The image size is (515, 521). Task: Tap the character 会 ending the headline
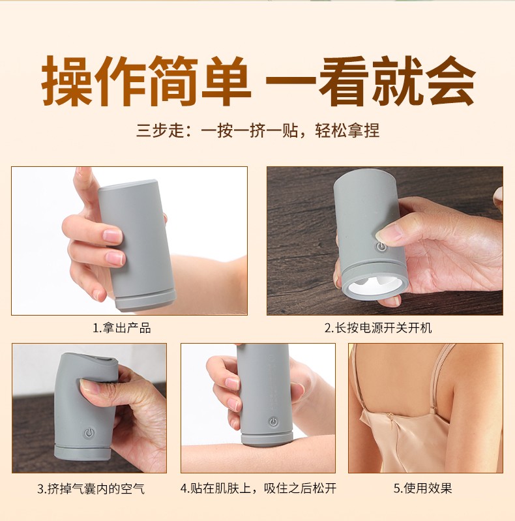click(x=450, y=81)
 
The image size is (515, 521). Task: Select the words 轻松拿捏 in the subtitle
click(x=347, y=130)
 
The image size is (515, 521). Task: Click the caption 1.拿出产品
click(x=122, y=328)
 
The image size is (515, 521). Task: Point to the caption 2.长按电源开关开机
click(x=378, y=328)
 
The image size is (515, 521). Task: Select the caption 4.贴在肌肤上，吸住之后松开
click(x=258, y=488)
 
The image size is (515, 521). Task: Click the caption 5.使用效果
click(x=422, y=488)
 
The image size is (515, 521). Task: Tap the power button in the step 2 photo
click(x=381, y=246)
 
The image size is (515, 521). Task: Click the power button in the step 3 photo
click(x=89, y=432)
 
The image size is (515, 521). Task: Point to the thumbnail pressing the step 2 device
click(x=388, y=233)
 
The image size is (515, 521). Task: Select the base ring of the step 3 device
click(x=82, y=452)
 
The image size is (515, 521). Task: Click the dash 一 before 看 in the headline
click(x=291, y=82)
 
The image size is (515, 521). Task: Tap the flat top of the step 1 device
click(x=128, y=185)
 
